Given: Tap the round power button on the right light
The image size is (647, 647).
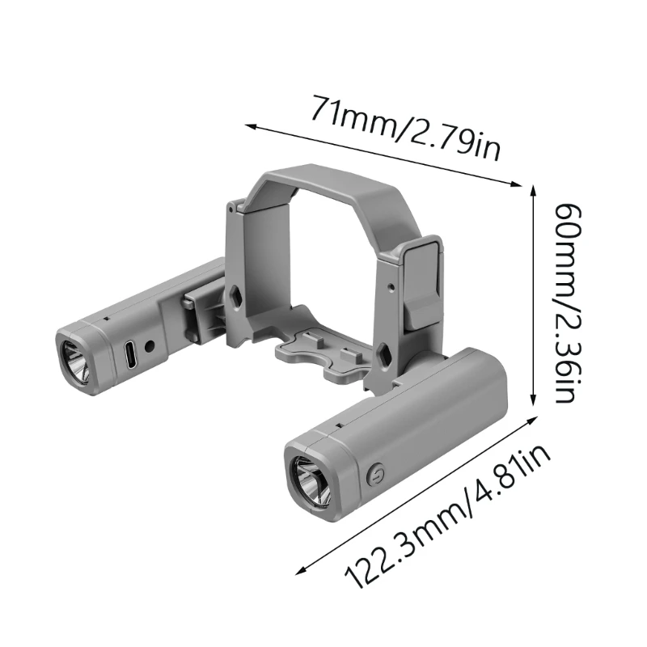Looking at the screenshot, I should pyautogui.click(x=373, y=476).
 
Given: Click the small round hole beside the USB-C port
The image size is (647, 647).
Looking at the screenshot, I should pyautogui.click(x=149, y=346).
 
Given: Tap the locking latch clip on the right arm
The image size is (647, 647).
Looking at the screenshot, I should pyautogui.click(x=423, y=283).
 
